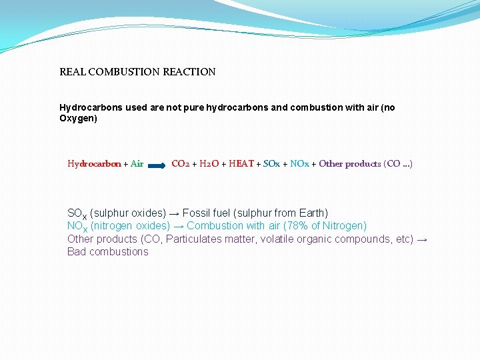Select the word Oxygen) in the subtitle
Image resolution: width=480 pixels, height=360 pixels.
[78, 119]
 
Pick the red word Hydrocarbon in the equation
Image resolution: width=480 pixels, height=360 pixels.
[94, 164]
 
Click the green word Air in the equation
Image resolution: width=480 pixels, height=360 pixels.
[137, 164]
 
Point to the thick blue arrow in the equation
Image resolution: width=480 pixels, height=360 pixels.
[157, 164]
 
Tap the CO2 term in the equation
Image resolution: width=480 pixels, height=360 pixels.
[181, 164]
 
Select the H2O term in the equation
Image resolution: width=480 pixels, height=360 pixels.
[209, 164]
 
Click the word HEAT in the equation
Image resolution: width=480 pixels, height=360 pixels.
[241, 164]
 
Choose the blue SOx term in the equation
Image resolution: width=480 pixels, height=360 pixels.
[271, 164]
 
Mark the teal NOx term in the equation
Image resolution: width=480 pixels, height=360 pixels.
[299, 164]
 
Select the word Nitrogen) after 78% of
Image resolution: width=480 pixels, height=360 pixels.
[345, 226]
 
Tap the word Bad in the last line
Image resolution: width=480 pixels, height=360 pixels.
[76, 251]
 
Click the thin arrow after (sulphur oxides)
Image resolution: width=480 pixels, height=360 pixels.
[174, 213]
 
